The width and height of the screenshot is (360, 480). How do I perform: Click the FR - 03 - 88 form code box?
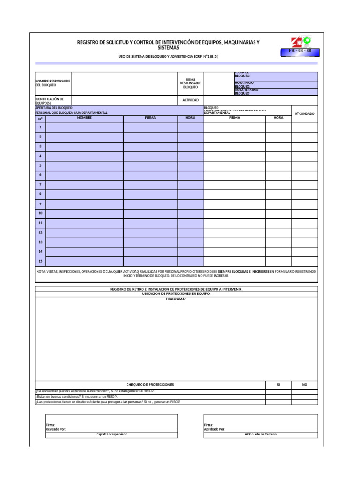coord(299,51)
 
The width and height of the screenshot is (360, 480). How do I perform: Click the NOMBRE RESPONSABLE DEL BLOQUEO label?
coord(53,83)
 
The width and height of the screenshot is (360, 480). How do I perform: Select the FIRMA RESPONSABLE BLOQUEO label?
coord(190,83)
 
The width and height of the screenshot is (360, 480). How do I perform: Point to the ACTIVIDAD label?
coord(190,100)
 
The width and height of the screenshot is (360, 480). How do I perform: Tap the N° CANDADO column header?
coord(304,113)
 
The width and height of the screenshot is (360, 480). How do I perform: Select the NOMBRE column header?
coord(84,118)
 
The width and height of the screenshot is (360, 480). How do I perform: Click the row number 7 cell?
coord(40,185)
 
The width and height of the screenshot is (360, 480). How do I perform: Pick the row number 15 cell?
coord(40,261)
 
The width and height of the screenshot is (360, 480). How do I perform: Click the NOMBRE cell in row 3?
coord(84,146)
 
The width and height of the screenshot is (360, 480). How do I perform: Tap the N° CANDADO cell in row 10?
coord(304,213)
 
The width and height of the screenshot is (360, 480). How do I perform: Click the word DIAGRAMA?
coord(176,299)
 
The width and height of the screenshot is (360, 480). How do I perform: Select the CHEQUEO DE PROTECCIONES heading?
coord(150,384)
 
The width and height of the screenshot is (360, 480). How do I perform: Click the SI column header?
coord(278,384)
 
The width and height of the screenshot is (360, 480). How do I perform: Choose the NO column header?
coord(304,384)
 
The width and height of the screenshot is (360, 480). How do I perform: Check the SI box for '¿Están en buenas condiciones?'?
coord(278,397)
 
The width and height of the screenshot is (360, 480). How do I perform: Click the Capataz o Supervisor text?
coord(112,435)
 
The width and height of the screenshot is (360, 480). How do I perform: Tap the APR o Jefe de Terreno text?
coord(261,435)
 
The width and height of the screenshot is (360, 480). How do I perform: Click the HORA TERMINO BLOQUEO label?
coord(247,92)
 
